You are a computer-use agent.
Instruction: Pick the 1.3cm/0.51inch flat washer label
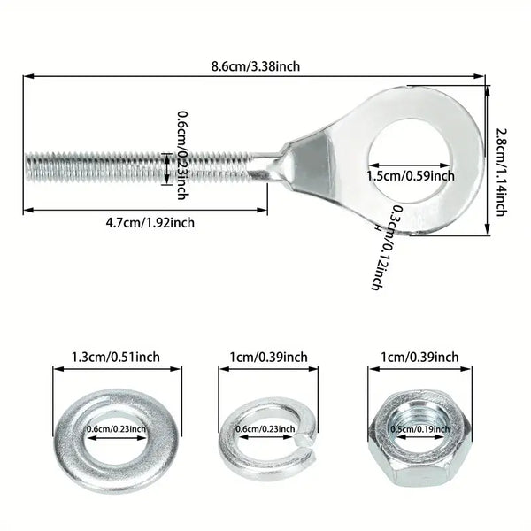click(x=115, y=358)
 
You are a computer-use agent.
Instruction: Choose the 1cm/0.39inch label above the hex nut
click(x=416, y=358)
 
